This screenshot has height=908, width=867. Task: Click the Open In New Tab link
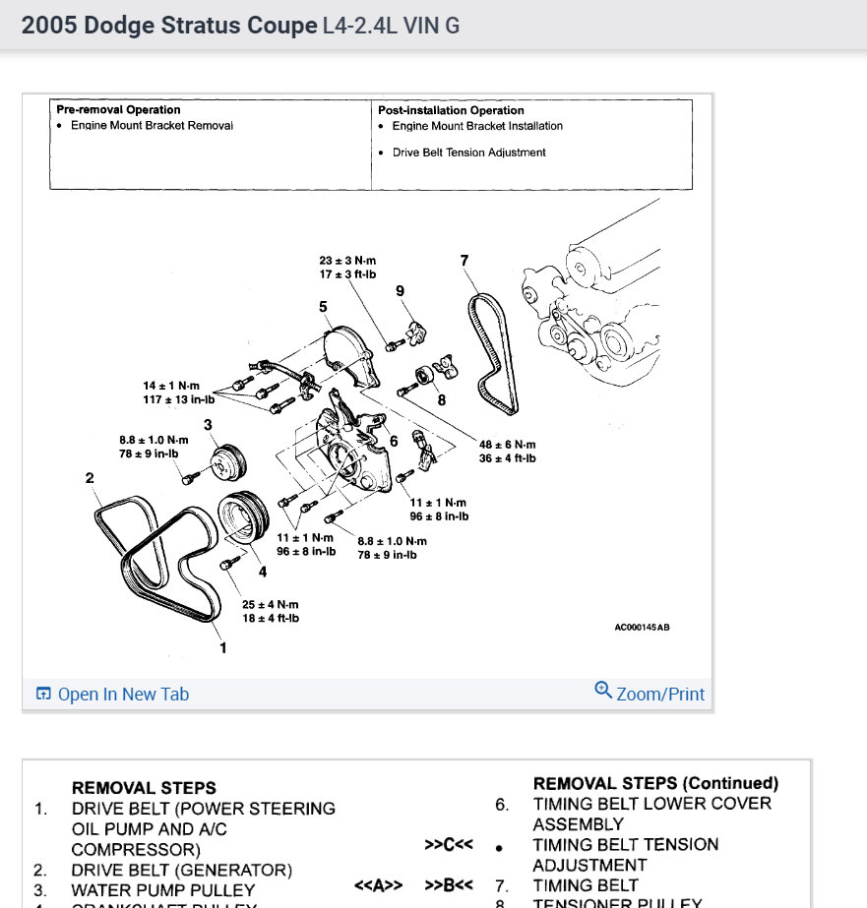pyautogui.click(x=113, y=695)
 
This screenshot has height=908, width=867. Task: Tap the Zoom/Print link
pyautogui.click(x=650, y=694)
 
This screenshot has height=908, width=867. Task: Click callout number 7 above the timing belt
pyautogui.click(x=464, y=261)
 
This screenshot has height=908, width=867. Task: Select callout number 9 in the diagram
pyautogui.click(x=401, y=290)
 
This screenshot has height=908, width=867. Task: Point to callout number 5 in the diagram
pyautogui.click(x=323, y=308)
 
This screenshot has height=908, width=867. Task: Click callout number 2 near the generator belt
pyautogui.click(x=90, y=478)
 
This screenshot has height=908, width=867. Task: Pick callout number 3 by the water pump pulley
pyautogui.click(x=209, y=424)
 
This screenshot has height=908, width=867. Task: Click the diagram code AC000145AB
pyautogui.click(x=642, y=627)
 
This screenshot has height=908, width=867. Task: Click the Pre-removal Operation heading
pyautogui.click(x=118, y=110)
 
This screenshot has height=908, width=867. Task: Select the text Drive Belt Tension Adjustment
pyautogui.click(x=469, y=152)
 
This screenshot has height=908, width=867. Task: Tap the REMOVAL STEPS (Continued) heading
pyautogui.click(x=655, y=783)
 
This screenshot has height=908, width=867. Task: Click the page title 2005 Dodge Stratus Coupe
pyautogui.click(x=168, y=26)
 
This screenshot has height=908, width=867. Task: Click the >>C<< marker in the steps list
pyautogui.click(x=450, y=844)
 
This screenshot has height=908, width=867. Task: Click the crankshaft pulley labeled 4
pyautogui.click(x=241, y=517)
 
